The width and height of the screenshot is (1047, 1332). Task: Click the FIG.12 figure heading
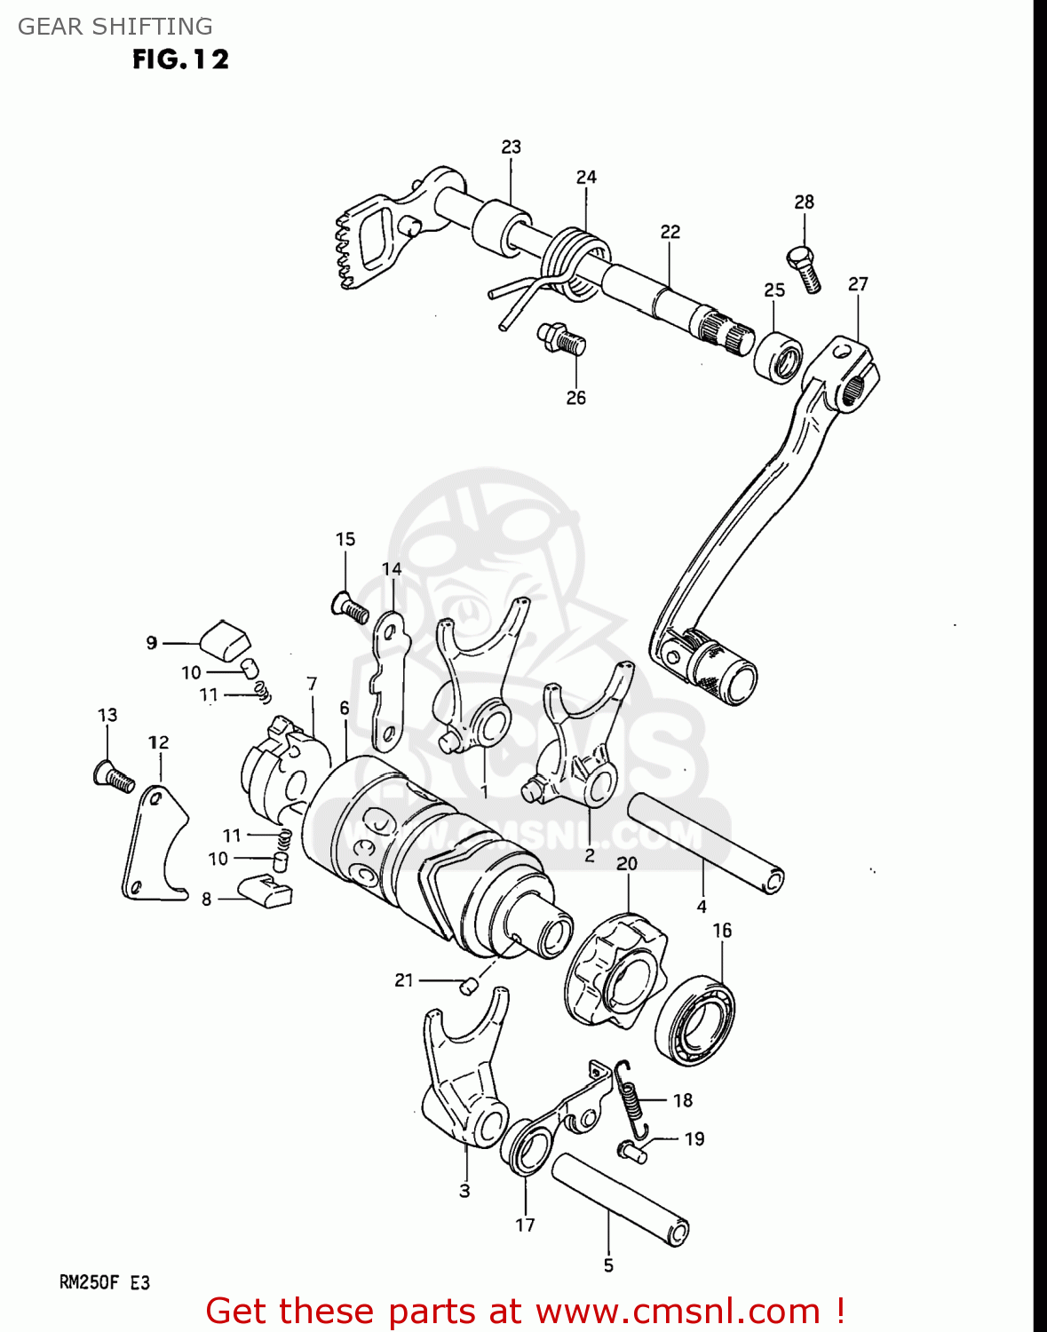(x=180, y=59)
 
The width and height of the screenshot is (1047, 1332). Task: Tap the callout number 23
(x=511, y=147)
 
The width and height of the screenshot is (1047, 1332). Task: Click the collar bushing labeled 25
(x=778, y=357)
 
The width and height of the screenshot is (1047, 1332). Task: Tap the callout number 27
(x=857, y=284)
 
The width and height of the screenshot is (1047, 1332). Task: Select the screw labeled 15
(x=350, y=608)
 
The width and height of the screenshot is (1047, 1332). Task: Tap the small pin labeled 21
(x=466, y=985)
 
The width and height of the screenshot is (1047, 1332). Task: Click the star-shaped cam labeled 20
(x=615, y=972)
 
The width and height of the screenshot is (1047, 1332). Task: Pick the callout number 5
(x=608, y=1265)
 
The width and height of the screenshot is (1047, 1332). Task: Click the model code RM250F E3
(x=104, y=1282)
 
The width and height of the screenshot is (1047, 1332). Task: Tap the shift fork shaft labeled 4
(x=705, y=842)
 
